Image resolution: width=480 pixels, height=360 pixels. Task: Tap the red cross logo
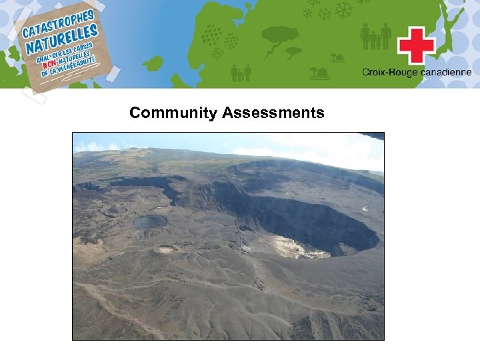[x=416, y=46]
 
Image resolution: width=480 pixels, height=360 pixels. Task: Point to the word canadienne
[x=445, y=72]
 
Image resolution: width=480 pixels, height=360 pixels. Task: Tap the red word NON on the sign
[x=52, y=65]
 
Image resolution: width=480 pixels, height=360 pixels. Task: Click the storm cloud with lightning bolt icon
[x=280, y=37]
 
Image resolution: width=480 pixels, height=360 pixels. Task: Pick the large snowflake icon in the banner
[x=344, y=10]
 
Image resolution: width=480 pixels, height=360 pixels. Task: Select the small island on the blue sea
[x=153, y=63]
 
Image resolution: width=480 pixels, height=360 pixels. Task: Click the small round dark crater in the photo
[x=149, y=222]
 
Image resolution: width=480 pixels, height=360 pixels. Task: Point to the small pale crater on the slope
[x=166, y=249]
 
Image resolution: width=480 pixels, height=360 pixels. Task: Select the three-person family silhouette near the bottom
[x=241, y=73]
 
